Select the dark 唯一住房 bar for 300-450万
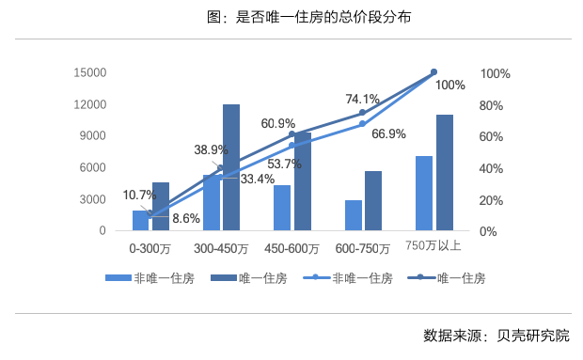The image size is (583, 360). (x=231, y=167)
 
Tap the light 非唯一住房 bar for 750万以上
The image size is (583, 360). (x=424, y=193)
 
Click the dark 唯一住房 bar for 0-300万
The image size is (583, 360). (x=161, y=207)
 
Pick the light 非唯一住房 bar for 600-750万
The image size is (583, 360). (x=353, y=215)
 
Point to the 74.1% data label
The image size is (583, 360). (x=362, y=98)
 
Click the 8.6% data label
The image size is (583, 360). (x=185, y=218)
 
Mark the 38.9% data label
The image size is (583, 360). (x=211, y=149)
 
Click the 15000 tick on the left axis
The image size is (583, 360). (x=90, y=72)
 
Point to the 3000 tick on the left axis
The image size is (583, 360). (x=94, y=199)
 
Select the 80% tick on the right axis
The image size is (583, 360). (x=495, y=105)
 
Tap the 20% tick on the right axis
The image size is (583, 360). (x=495, y=200)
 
